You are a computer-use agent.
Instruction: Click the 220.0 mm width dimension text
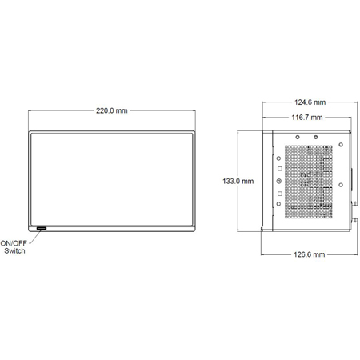pos(111,110)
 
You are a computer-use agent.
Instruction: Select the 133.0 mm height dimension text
pos(238,182)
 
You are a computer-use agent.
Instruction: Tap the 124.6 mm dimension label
pos(310,102)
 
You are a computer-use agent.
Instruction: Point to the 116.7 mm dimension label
pos(307,117)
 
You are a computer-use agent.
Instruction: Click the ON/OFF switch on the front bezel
pos(40,230)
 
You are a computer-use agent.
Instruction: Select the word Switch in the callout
pos(14,252)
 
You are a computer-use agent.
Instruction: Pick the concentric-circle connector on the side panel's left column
pos(278,182)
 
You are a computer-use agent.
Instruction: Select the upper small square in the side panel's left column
pos(279,169)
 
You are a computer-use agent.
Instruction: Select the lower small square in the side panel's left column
pos(279,194)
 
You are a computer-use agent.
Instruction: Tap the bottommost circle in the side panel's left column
pos(278,204)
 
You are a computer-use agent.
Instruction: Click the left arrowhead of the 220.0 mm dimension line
pos(30,110)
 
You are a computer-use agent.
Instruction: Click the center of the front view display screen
pos(112,182)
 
